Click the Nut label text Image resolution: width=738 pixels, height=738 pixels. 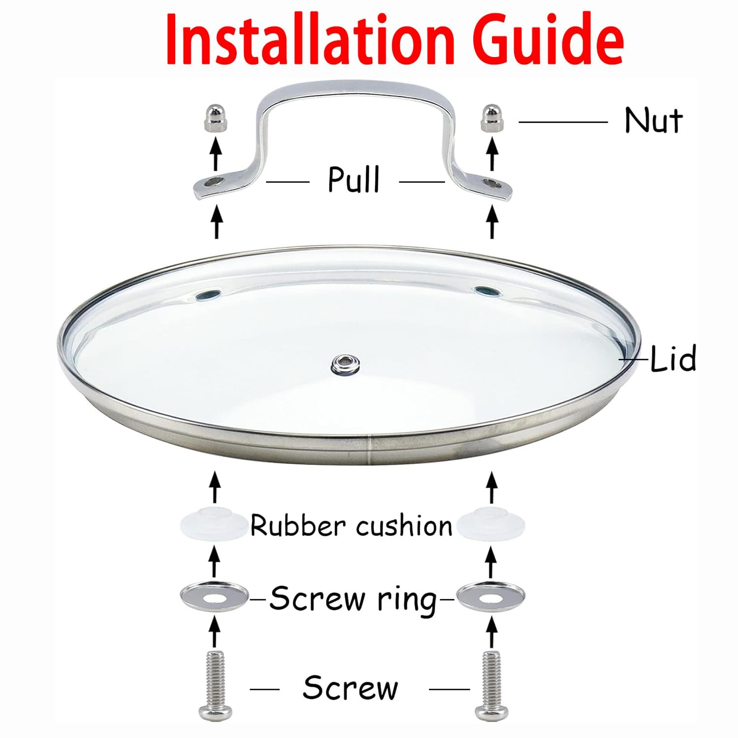[653, 121]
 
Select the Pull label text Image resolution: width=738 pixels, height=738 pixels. [354, 180]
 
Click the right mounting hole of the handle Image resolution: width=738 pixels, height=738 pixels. [490, 184]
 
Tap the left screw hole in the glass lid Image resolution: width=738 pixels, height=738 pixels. [205, 295]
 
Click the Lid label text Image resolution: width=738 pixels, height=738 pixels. [673, 359]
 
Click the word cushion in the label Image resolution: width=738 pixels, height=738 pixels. [403, 526]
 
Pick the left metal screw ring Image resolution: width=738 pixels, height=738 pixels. [214, 597]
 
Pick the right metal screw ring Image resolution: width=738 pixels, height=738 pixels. [491, 597]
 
